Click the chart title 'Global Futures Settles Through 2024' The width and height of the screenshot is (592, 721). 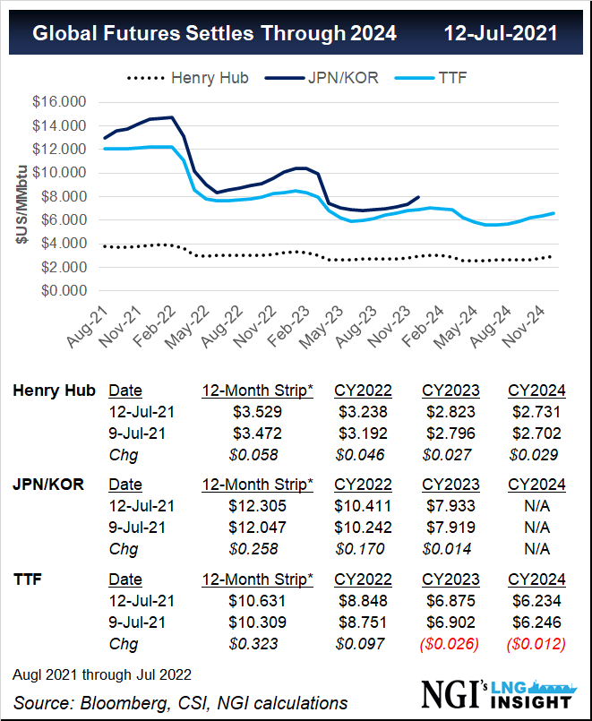coord(214,33)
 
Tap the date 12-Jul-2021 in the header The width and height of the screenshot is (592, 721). coord(501,33)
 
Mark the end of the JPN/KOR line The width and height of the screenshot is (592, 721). coord(418,197)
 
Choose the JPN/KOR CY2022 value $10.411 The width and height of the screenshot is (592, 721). coord(363,506)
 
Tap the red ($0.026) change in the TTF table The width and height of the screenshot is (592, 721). coord(450,643)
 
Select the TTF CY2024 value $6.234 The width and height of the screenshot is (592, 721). coord(536,600)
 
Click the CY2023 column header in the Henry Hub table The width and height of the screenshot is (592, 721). coord(450,391)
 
